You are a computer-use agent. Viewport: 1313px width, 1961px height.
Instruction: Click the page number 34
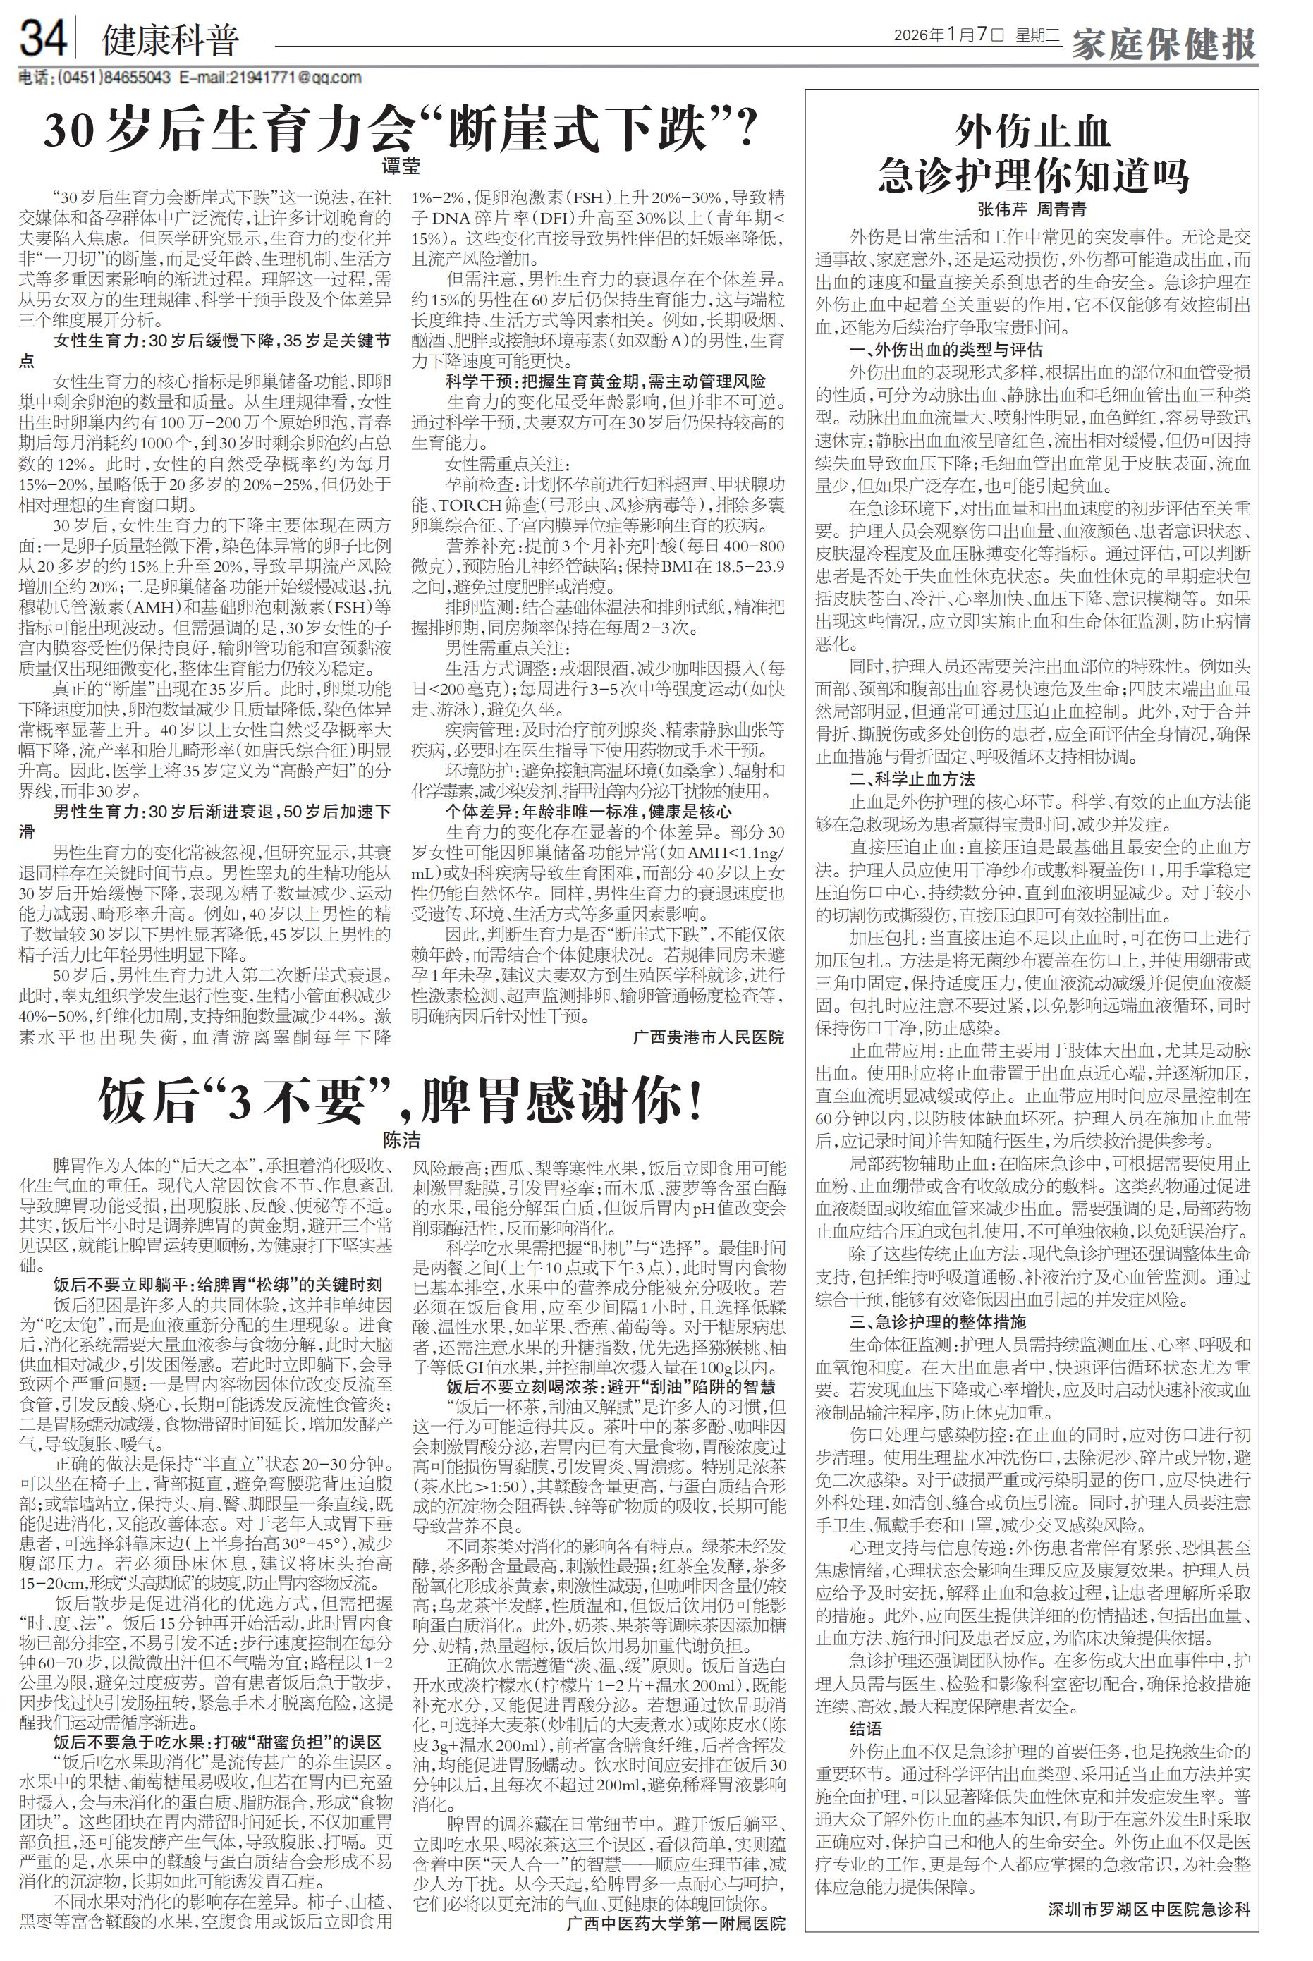44,39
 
